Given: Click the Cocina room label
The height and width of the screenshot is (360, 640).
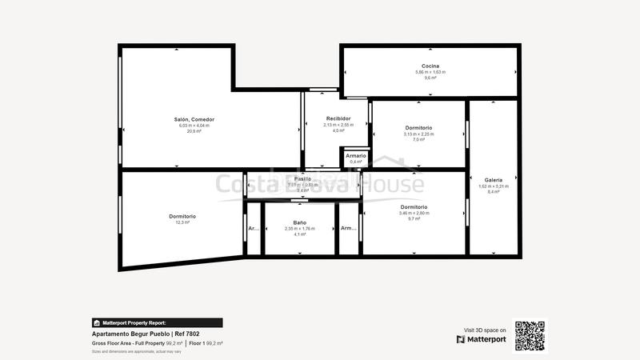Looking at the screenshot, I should [x=430, y=66].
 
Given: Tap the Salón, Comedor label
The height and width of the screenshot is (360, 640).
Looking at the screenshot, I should [x=194, y=119].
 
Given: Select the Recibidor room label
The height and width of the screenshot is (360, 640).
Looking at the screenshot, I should [x=338, y=118].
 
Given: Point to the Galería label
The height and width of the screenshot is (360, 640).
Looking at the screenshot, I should [x=494, y=180].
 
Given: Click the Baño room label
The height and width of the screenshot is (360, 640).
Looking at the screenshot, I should [x=300, y=222].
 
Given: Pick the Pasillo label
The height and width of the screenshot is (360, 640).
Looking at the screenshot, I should [x=302, y=178].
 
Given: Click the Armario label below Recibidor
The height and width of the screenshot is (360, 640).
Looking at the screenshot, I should [x=356, y=155].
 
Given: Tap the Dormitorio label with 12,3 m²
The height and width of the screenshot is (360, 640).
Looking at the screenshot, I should [x=182, y=216].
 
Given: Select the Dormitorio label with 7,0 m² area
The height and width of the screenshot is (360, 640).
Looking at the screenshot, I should [x=418, y=128].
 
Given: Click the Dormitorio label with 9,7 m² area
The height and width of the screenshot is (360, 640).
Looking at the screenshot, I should [x=414, y=207].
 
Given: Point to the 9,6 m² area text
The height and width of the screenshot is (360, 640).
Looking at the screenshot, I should [x=430, y=78].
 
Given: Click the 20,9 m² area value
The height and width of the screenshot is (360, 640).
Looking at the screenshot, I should [x=194, y=131].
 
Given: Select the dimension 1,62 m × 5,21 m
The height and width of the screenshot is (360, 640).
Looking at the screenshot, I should [x=494, y=186].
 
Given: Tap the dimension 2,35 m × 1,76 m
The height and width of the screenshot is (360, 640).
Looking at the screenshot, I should [x=300, y=229].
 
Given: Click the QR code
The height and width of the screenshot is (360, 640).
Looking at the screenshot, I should [x=530, y=336].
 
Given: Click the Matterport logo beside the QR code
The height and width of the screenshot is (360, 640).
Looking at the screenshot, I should [x=482, y=339].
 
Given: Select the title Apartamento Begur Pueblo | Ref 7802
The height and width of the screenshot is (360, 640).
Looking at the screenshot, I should [x=146, y=334].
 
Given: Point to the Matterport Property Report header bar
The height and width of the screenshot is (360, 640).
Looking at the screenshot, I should [x=157, y=322].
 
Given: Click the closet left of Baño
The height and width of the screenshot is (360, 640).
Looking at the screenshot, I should [x=253, y=229].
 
